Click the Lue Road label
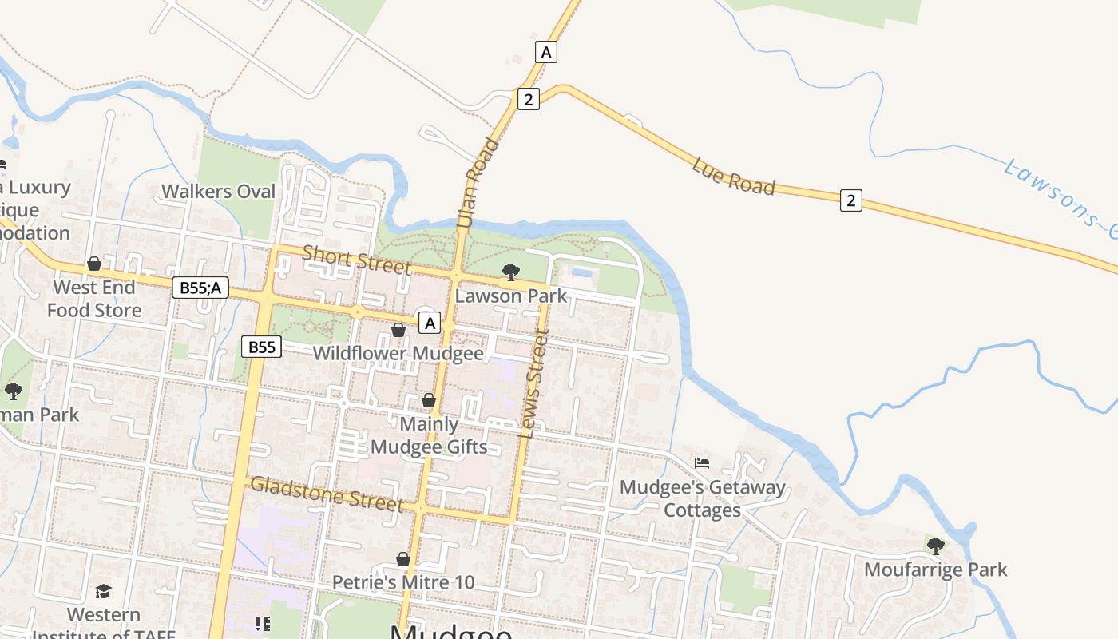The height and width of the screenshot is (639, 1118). (733, 176)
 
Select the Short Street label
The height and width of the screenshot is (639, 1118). (356, 260)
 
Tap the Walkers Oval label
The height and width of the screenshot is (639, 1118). (218, 192)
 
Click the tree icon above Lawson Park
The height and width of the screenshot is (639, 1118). (511, 272)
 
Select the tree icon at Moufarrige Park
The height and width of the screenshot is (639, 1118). (935, 546)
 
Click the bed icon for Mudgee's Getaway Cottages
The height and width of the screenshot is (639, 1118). (702, 462)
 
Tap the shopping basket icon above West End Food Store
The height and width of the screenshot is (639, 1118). (94, 264)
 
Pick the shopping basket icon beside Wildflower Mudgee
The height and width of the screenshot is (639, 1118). (398, 330)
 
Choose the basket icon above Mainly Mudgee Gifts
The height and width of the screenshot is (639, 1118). (429, 400)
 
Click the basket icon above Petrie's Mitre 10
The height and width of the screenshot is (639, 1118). (403, 559)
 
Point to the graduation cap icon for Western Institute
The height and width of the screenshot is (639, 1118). (103, 591)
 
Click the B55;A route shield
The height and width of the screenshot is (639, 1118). (200, 288)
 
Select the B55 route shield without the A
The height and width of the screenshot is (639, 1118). (262, 347)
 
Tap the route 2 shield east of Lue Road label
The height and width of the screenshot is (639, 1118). (850, 200)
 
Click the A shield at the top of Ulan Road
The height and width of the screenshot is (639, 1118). (546, 53)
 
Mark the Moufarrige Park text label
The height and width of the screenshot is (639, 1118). (935, 570)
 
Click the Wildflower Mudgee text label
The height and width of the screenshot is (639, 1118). (398, 353)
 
